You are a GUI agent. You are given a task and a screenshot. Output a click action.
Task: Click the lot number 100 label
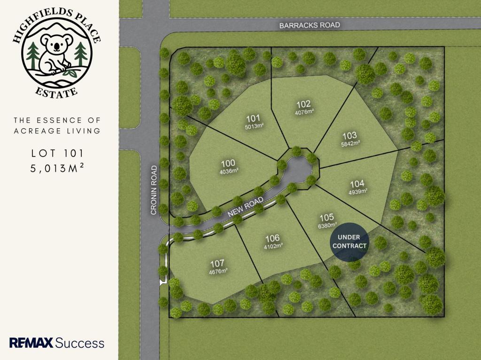228,163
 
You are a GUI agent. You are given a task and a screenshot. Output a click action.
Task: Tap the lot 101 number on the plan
253,118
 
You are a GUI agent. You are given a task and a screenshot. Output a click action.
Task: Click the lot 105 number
326,217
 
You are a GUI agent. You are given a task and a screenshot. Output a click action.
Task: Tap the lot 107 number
217,263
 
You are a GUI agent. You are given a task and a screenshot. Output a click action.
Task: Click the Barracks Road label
309,25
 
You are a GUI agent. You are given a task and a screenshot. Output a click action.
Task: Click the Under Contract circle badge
349,241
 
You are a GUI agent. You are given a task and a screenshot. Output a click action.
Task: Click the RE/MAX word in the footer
31,343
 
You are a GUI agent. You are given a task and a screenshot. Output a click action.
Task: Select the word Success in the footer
80,343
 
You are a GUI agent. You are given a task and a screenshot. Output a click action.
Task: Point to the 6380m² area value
328,225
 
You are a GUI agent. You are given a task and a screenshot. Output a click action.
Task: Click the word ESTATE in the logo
57,91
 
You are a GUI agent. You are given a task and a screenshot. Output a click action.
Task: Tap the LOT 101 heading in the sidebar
59,153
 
